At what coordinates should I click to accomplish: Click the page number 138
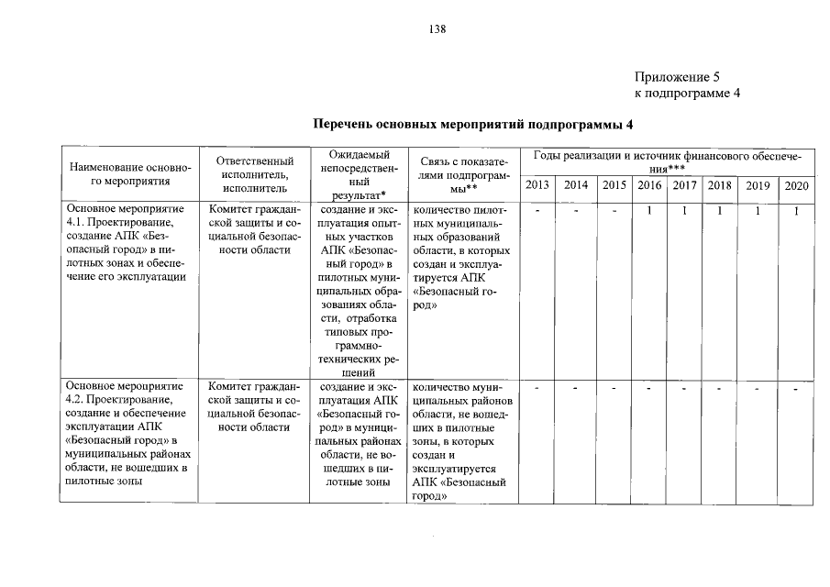437,29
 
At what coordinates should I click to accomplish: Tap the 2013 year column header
537,185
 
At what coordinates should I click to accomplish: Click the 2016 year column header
649,185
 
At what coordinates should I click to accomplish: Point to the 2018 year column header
720,185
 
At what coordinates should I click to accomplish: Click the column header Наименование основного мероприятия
128,175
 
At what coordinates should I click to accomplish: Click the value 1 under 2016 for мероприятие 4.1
648,212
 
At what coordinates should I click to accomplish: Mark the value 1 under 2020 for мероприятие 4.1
797,212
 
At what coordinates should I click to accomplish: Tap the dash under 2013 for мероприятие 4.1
537,212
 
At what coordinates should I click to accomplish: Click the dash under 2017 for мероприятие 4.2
684,390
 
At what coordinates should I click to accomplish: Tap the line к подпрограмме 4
687,94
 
